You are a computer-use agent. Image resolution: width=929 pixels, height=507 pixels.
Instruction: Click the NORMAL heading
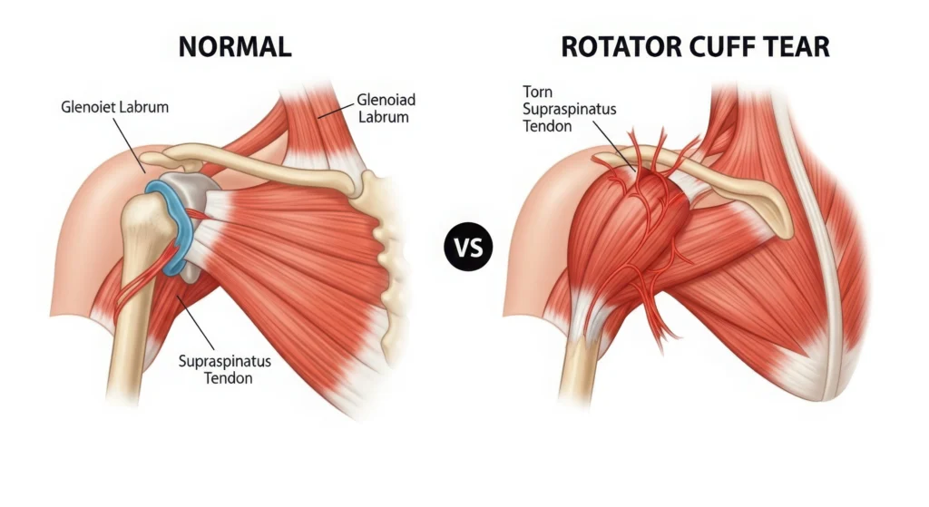pyautogui.click(x=234, y=46)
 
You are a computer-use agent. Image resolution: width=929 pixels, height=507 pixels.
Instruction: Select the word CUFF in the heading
pyautogui.click(x=722, y=46)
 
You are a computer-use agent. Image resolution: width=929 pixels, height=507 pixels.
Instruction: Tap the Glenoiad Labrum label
pyautogui.click(x=383, y=108)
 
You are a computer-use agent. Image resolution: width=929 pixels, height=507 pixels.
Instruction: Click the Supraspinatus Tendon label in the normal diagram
pyautogui.click(x=226, y=368)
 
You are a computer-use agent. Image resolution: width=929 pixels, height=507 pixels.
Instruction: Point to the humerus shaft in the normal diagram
pyautogui.click(x=126, y=327)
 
